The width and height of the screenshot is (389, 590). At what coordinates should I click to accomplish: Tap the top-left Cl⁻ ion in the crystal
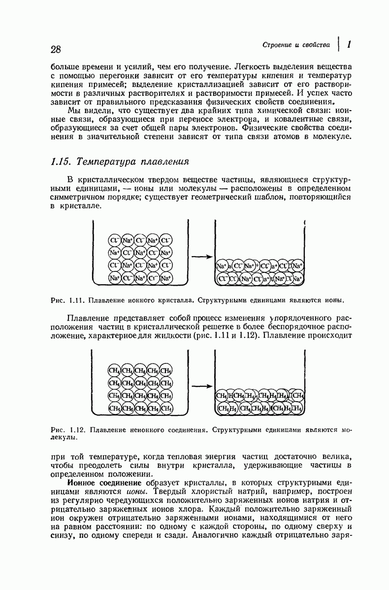point(115,240)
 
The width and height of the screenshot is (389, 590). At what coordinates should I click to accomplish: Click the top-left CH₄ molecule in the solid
point(114,371)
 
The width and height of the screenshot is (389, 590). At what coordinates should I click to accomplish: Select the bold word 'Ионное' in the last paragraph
point(81,483)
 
